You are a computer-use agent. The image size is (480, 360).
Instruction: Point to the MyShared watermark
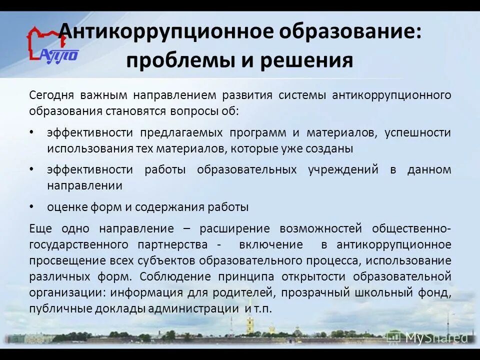tap(428, 338)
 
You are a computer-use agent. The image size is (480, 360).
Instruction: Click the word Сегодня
tap(51, 95)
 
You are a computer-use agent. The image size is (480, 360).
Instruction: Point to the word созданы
tap(328, 148)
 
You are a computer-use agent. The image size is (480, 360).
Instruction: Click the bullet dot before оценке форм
tap(32, 205)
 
